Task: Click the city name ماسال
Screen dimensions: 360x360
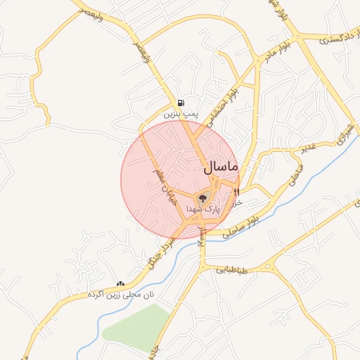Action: [221, 168]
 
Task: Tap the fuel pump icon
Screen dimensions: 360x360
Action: [181, 103]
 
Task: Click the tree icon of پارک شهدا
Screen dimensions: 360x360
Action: [203, 199]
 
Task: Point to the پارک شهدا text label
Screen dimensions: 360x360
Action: [205, 210]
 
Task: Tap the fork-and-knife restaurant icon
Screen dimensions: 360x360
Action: [236, 191]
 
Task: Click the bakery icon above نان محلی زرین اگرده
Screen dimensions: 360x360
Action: [120, 284]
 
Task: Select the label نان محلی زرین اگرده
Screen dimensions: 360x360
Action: [120, 295]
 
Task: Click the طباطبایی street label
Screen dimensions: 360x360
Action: [230, 269]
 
